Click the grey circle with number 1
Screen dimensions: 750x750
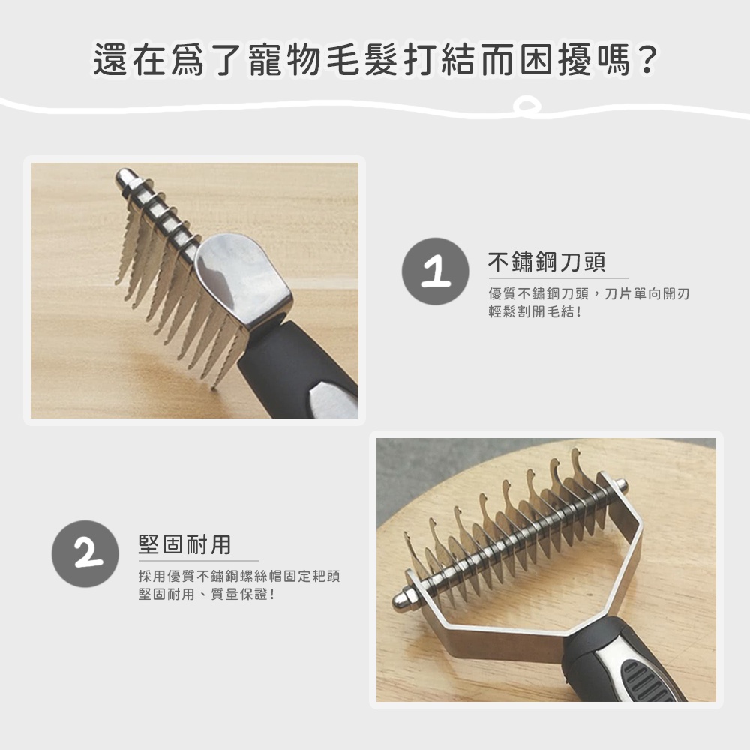point(435,271)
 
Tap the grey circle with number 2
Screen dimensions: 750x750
point(85,554)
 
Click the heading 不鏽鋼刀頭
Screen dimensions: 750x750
point(547,262)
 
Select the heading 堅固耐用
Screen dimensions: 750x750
point(184,544)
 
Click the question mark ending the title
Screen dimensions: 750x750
point(648,60)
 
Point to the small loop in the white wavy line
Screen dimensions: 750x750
point(526,106)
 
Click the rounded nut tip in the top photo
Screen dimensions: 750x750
point(124,178)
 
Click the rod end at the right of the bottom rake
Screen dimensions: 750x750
point(621,487)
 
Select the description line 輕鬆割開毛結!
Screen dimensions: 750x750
point(535,312)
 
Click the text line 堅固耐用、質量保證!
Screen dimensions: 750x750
point(207,595)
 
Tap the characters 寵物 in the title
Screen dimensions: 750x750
point(285,60)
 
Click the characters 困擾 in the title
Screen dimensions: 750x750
point(556,60)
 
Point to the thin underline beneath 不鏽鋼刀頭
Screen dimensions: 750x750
point(558,278)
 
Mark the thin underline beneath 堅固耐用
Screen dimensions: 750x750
point(199,560)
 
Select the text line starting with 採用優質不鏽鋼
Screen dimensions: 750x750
point(239,576)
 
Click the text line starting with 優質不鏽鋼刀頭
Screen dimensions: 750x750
point(589,294)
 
